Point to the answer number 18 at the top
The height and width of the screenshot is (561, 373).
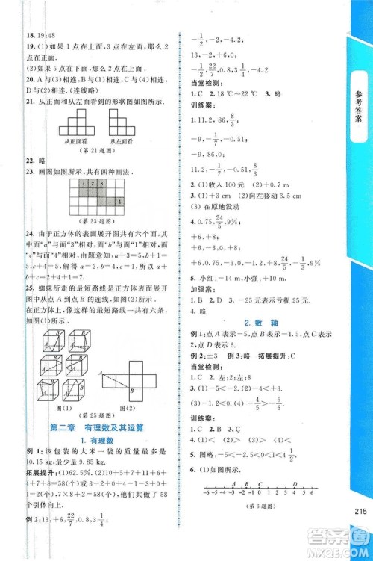[31, 34]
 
